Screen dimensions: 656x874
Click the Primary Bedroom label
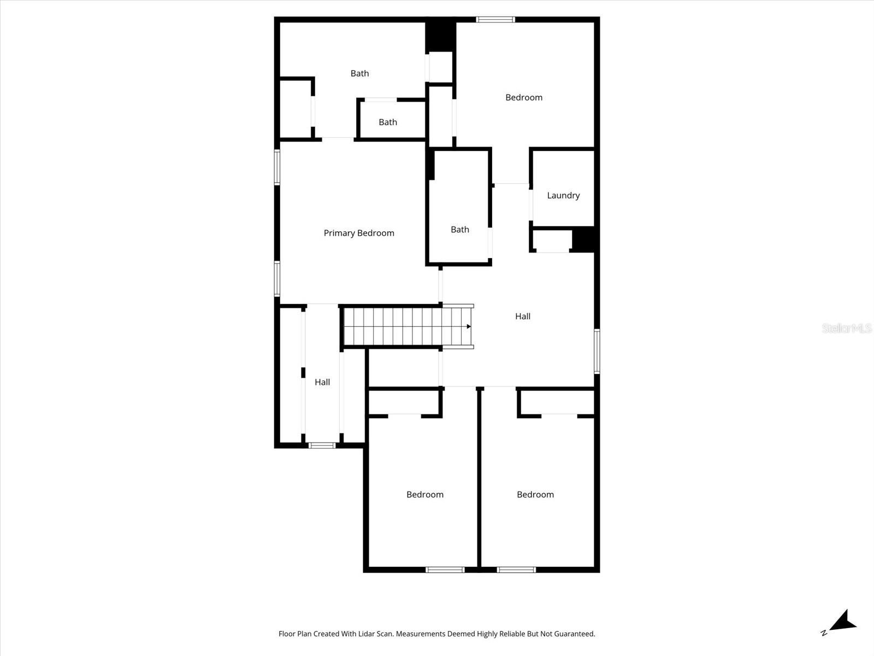[x=359, y=233]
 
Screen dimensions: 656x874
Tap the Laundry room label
[x=563, y=195]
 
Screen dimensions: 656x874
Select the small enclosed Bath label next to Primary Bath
[x=388, y=122]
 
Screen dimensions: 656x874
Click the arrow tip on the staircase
[x=469, y=326]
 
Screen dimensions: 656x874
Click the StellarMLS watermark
[x=846, y=328]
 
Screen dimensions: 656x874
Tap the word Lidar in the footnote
[x=382, y=634]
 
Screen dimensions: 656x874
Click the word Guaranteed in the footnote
[x=575, y=634]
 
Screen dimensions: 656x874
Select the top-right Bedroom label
[x=524, y=97]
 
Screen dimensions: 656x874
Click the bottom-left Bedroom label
[x=425, y=494]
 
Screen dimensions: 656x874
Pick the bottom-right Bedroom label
[x=535, y=494]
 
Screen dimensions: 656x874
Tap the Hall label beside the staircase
[x=523, y=316]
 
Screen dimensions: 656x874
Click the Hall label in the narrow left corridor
[x=322, y=382]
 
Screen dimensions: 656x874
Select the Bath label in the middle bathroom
[x=460, y=230]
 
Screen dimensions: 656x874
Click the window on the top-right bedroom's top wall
[x=495, y=20]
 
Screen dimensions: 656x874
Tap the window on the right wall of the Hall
[x=597, y=351]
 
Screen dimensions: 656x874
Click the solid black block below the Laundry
[x=583, y=239]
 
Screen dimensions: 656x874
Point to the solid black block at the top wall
[x=440, y=36]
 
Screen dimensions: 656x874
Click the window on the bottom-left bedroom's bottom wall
[x=445, y=570]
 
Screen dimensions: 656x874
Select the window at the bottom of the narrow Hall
[x=322, y=446]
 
